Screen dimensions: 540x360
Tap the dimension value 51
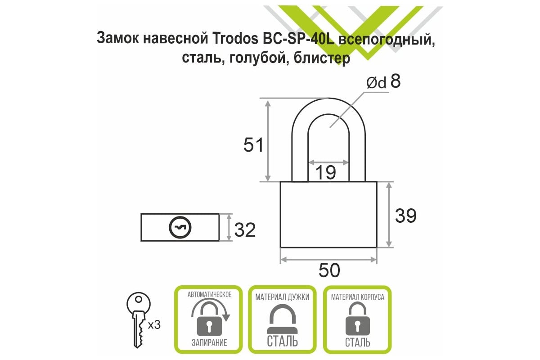coord(253,145)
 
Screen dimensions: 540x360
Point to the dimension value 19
coord(325,173)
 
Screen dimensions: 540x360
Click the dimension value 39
coord(406,215)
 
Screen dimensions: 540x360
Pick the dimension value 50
coord(329,270)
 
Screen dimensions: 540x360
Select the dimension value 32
coord(245,230)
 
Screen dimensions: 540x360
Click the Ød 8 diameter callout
coord(383,82)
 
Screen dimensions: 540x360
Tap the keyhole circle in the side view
coord(180,227)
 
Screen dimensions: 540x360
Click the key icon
coord(139,320)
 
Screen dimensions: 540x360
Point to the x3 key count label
coord(154,325)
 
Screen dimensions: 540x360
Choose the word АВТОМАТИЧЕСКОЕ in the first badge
coord(209,295)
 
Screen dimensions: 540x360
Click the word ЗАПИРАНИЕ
coord(209,342)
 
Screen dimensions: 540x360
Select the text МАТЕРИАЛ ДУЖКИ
coord(282,297)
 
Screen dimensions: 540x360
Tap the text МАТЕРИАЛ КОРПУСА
coord(357,297)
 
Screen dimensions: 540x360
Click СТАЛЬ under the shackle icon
coord(282,341)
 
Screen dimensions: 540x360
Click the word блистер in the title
coord(322,58)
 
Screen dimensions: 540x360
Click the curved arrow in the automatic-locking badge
coord(211,308)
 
